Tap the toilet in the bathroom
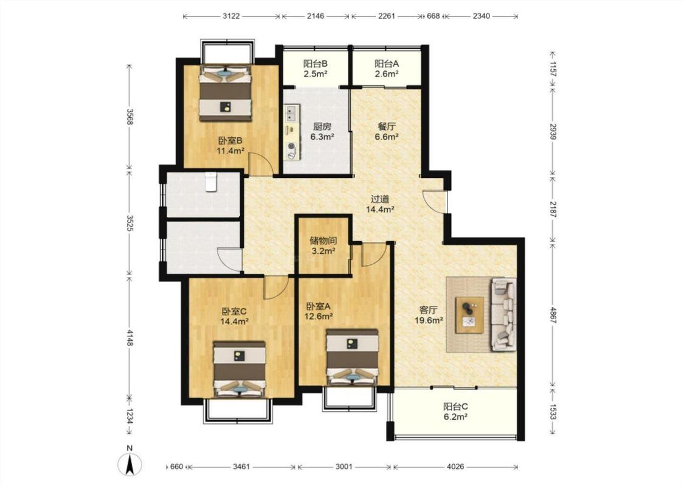tap(211, 182)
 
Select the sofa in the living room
tap(503, 314)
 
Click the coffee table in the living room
tap(469, 315)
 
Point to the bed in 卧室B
tap(226, 93)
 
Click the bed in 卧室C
tap(239, 369)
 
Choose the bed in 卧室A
tap(352, 357)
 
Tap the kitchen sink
tap(291, 114)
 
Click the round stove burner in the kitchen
tap(291, 146)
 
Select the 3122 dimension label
tap(231, 16)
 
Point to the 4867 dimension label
tap(553, 315)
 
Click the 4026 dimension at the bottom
tap(455, 467)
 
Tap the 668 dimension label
tap(433, 16)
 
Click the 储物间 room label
tap(323, 240)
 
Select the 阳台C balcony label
tap(455, 406)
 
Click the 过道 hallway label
tap(380, 199)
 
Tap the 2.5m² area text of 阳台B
tap(316, 74)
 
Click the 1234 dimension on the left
tap(130, 416)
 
